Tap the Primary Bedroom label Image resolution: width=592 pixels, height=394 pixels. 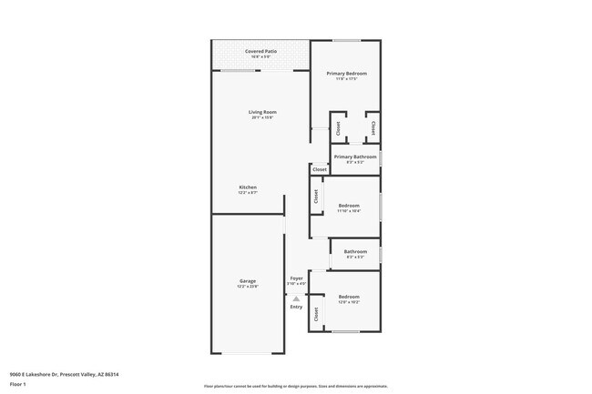[x=346, y=76]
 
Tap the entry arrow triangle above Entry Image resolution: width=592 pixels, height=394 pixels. [x=296, y=298]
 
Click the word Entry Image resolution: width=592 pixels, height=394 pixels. [x=296, y=307]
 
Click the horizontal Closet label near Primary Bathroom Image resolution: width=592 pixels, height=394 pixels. [x=320, y=169]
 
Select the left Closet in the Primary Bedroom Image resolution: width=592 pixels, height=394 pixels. [x=337, y=128]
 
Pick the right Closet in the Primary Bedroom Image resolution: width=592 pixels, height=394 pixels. [x=373, y=128]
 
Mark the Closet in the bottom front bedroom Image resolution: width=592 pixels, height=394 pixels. [x=316, y=315]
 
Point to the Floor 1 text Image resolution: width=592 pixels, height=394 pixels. [x=18, y=382]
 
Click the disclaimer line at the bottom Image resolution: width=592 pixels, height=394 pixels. [x=295, y=386]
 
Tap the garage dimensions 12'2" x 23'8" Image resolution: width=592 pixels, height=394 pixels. [x=248, y=288]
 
